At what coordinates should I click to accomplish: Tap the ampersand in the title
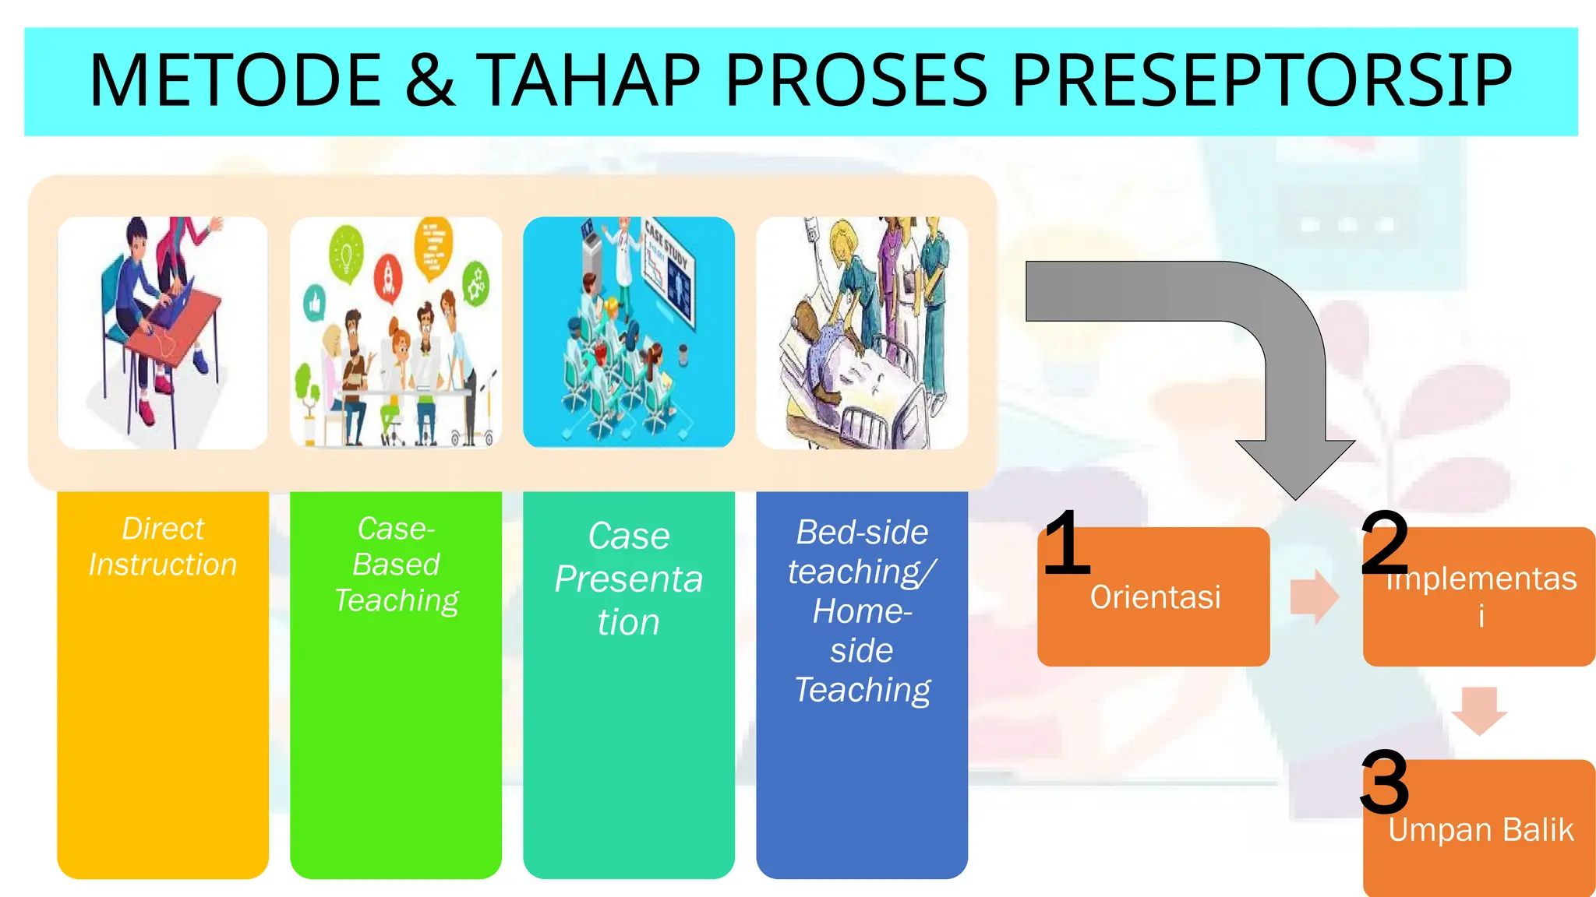(429, 80)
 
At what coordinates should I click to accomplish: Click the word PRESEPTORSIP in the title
(1262, 80)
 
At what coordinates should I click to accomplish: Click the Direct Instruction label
(163, 547)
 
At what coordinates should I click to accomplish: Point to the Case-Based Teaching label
(396, 565)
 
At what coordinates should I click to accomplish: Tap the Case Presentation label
(629, 579)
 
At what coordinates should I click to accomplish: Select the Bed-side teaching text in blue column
(862, 551)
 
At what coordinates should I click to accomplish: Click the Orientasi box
(1154, 597)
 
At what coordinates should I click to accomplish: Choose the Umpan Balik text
(1480, 830)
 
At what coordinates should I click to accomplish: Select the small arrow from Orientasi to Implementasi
(1315, 597)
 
